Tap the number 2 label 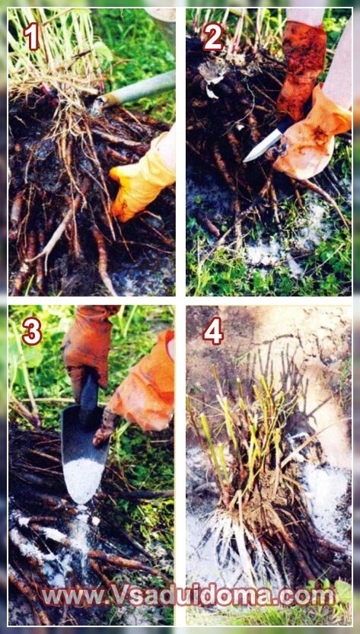(213, 37)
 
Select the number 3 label (32, 332)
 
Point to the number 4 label (213, 331)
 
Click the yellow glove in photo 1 (142, 178)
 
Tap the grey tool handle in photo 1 (135, 91)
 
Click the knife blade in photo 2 (262, 146)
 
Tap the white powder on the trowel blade (83, 480)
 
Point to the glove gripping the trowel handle (86, 348)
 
